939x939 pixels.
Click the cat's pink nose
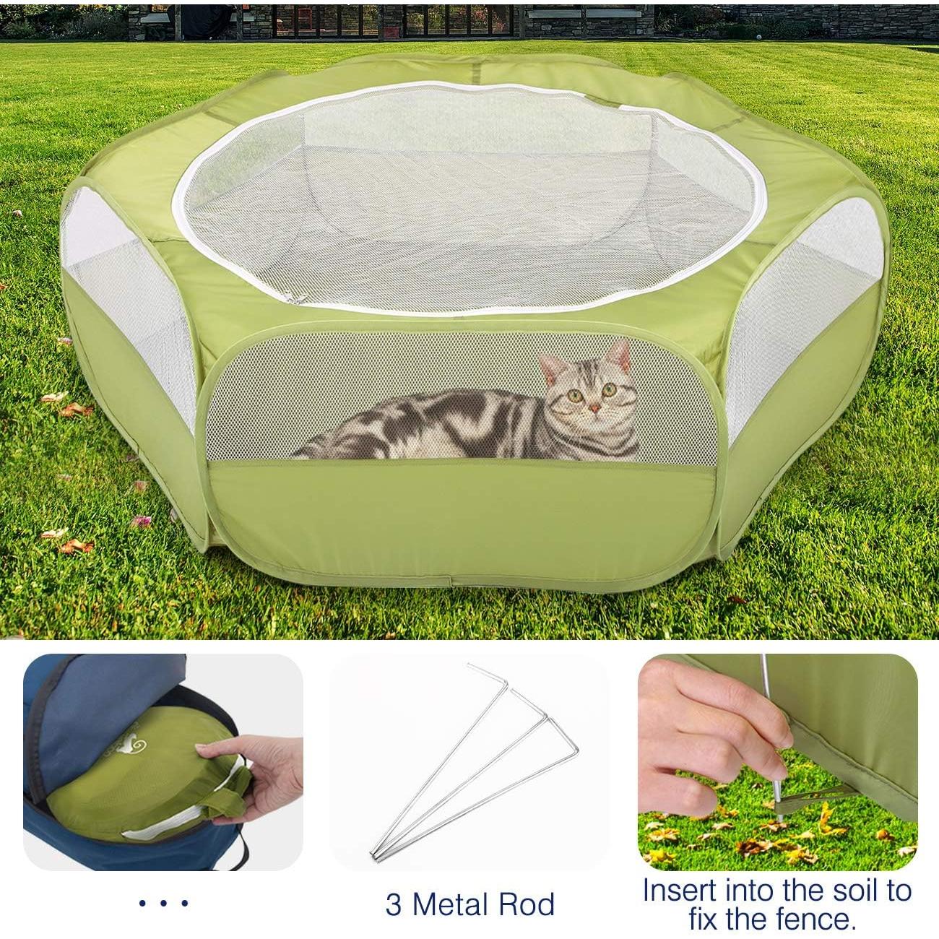pyautogui.click(x=594, y=409)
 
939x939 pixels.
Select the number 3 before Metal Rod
pyautogui.click(x=394, y=904)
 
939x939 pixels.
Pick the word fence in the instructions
pyautogui.click(x=814, y=919)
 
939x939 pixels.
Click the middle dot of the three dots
pyautogui.click(x=163, y=903)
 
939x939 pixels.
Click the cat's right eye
pyautogui.click(x=610, y=390)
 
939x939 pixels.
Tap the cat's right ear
pyautogui.click(x=619, y=353)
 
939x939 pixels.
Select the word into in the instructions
pyautogui.click(x=753, y=890)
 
